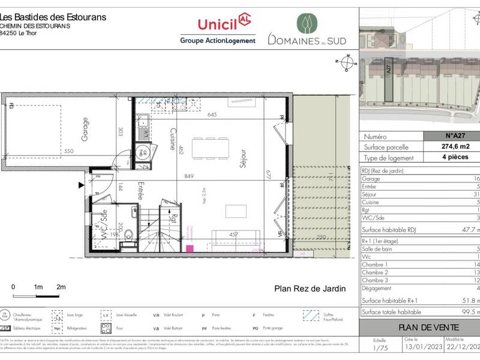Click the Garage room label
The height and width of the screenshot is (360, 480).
click(85, 129)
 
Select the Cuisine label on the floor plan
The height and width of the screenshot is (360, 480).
click(172, 139)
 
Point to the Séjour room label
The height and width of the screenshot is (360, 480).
click(244, 161)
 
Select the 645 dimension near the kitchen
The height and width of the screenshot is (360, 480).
click(212, 115)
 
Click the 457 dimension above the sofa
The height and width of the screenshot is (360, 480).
click(235, 234)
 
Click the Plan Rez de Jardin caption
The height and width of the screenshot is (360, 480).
click(310, 289)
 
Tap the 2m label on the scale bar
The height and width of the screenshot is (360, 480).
click(61, 287)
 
